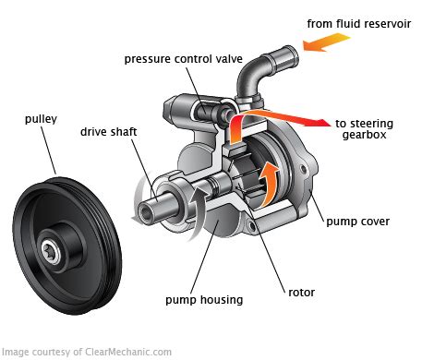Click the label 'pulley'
click(41, 119)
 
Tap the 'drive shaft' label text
click(108, 132)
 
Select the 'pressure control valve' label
click(184, 59)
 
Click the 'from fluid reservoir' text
click(359, 24)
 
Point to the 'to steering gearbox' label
click(364, 129)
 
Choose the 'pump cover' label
click(357, 222)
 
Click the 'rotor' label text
click(301, 293)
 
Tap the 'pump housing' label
click(204, 300)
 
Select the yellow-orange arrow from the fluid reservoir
click(326, 42)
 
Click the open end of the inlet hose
click(292, 57)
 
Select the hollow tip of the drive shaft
click(145, 213)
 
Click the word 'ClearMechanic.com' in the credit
click(128, 352)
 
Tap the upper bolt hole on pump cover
click(304, 169)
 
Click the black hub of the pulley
click(62, 246)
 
